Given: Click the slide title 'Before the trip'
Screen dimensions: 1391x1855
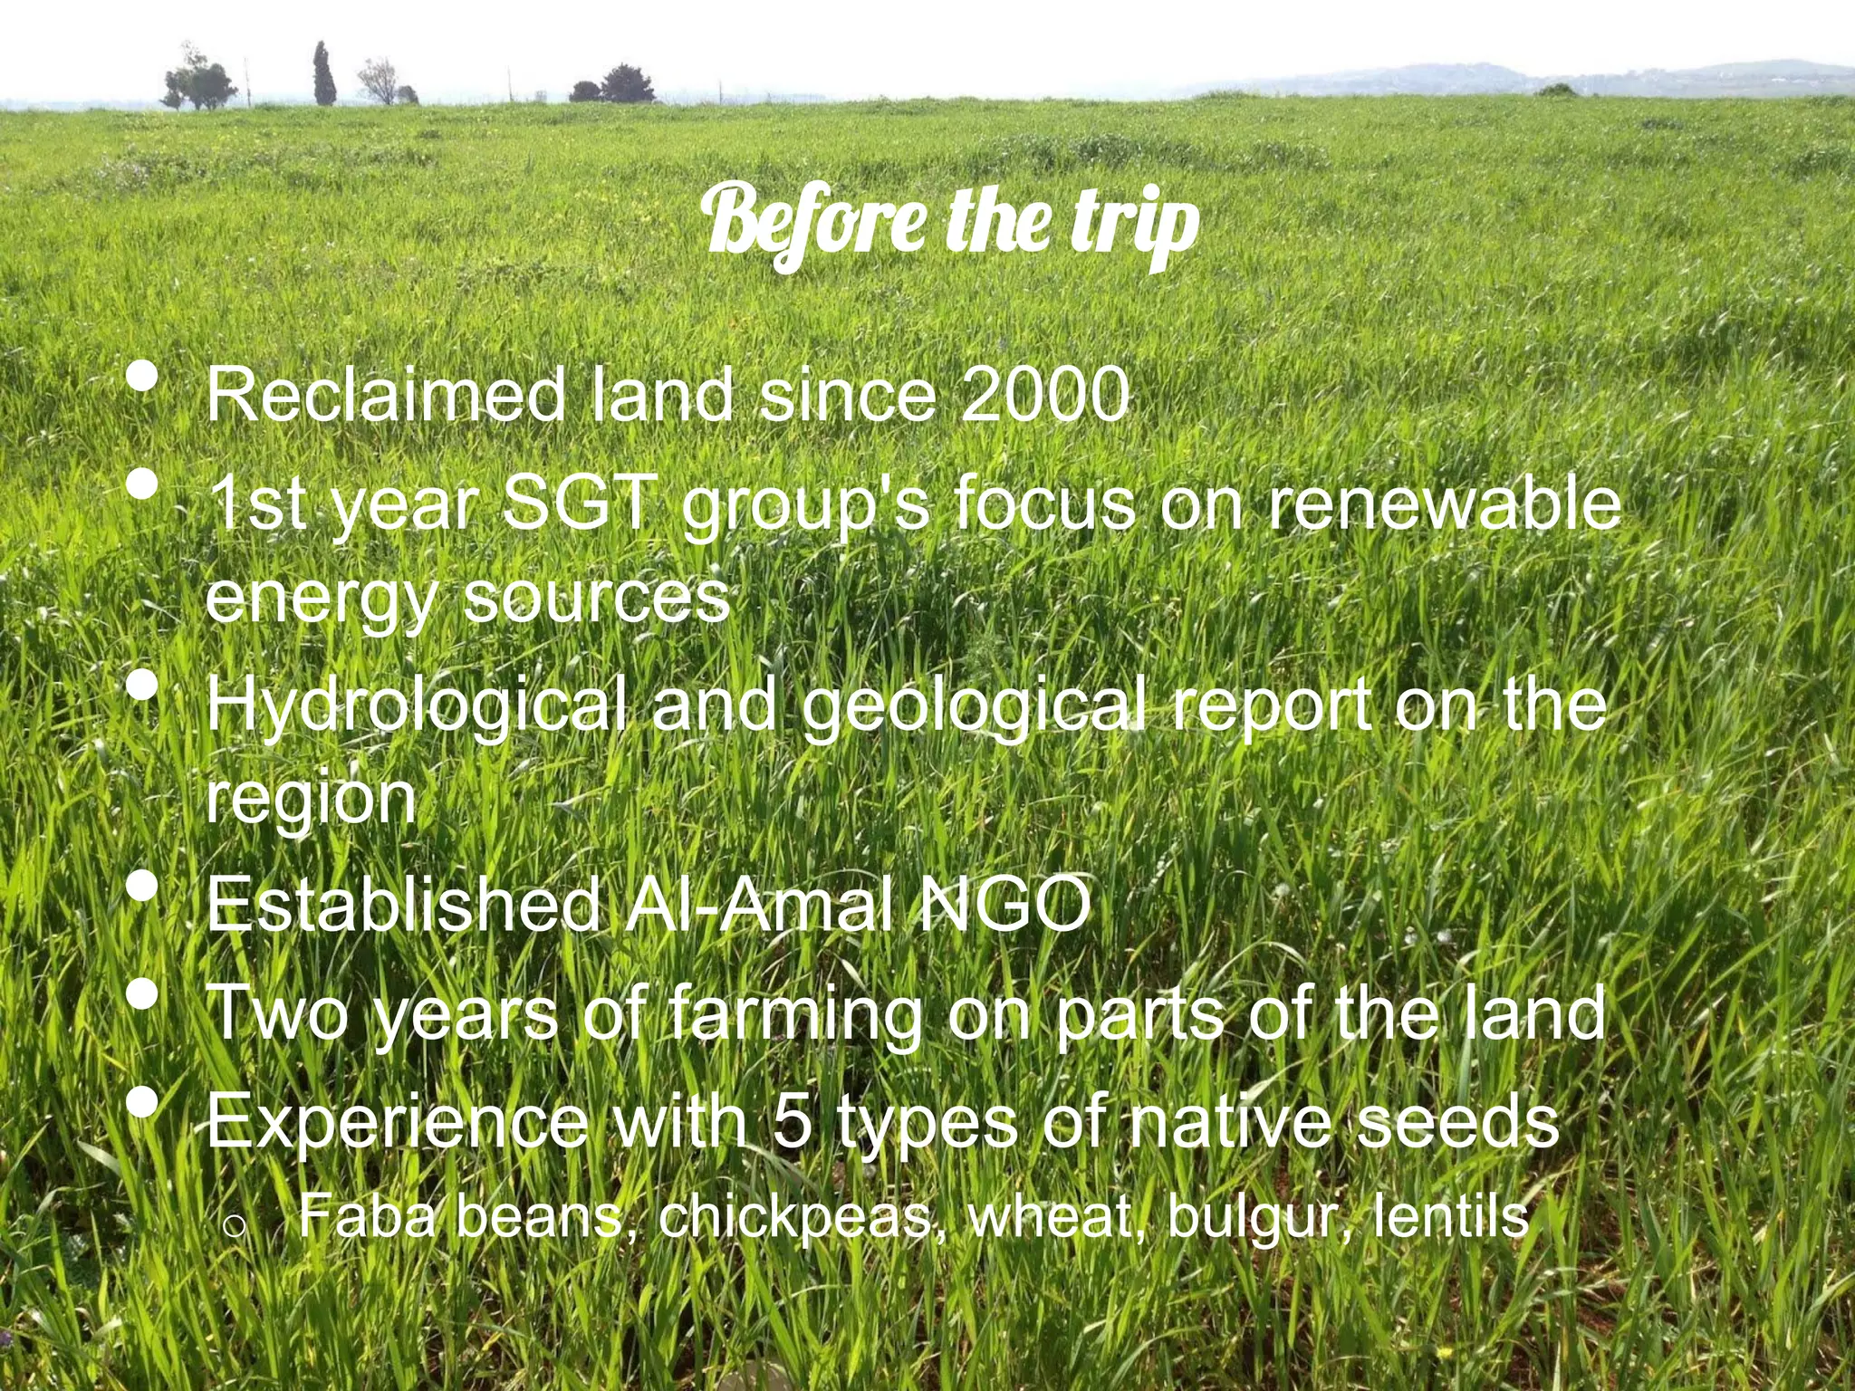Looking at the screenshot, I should (953, 222).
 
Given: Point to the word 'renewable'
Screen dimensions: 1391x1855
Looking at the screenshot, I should (1443, 505).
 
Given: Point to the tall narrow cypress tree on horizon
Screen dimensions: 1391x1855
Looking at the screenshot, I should (323, 74).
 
